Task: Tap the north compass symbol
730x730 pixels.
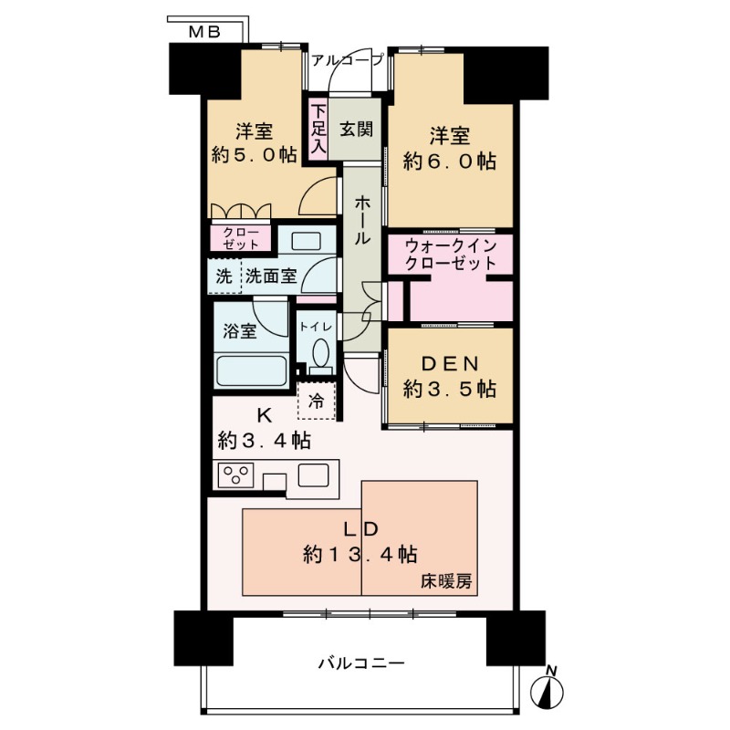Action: (549, 691)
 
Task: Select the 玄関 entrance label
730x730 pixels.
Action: (357, 129)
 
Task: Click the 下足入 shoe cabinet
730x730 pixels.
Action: (318, 129)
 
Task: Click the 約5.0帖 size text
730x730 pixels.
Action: (255, 155)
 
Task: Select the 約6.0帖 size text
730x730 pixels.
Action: (450, 162)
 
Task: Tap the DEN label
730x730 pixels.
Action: (450, 365)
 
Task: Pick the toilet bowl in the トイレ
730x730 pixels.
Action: (319, 353)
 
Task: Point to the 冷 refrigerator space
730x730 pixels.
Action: (317, 401)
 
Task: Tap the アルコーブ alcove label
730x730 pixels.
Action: (347, 60)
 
